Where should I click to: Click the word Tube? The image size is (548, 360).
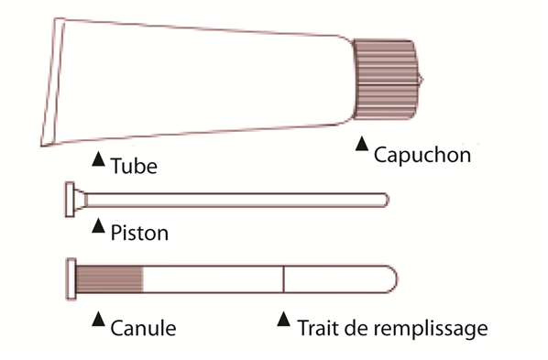coord(134,166)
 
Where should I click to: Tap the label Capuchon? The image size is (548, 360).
coord(422,155)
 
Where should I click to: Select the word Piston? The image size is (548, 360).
coord(139,233)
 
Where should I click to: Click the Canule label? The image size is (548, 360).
coord(143,328)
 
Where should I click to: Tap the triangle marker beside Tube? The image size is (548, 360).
coord(99,158)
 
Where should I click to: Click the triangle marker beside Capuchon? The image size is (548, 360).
coord(362,144)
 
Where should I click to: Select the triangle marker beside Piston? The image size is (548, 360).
coord(99,225)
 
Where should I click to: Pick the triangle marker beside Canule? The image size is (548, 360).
coord(99,319)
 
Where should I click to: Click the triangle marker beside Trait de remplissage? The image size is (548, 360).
coord(283,319)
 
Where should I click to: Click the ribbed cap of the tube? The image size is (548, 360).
coord(385,80)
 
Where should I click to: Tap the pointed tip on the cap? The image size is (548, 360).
coord(422,80)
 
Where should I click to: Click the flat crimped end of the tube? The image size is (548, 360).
coord(52,82)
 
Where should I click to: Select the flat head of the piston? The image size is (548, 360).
coord(70,200)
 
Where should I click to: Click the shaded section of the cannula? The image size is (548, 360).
coord(109,278)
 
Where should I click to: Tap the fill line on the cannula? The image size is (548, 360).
coord(283,278)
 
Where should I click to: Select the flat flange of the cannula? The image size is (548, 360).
coord(71,278)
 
